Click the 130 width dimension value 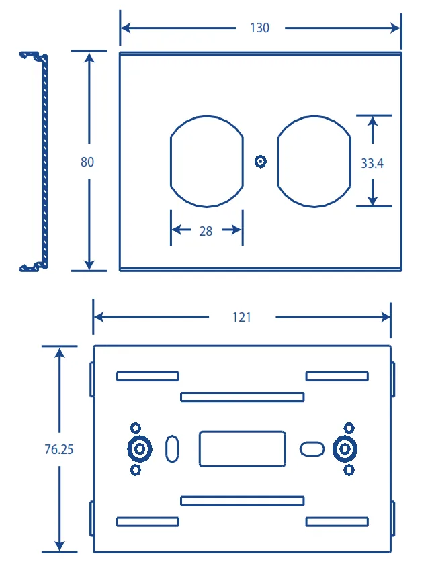tap(259, 28)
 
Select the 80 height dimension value tap(87, 162)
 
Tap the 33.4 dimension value tap(372, 163)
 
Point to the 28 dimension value tap(206, 231)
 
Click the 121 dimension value tap(241, 318)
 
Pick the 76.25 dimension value tap(58, 449)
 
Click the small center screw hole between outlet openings tap(261, 162)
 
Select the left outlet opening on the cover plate tap(171, 162)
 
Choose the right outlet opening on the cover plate tap(278, 162)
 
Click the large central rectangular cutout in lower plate tap(200, 448)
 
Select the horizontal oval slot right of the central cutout tap(312, 442)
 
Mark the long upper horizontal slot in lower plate tap(242, 393)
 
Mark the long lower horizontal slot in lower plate tap(242, 497)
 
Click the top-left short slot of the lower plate tap(148, 373)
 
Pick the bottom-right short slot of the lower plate tap(337, 518)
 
